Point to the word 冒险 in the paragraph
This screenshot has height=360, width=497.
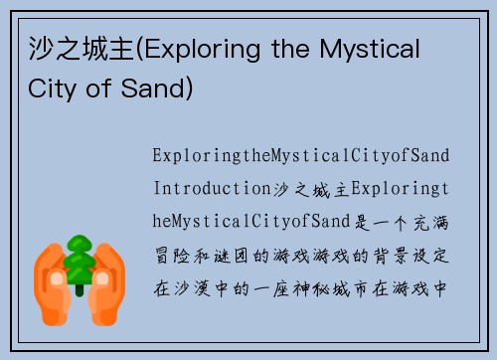point(171,257)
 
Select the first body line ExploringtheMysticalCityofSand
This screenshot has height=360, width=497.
point(301,155)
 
